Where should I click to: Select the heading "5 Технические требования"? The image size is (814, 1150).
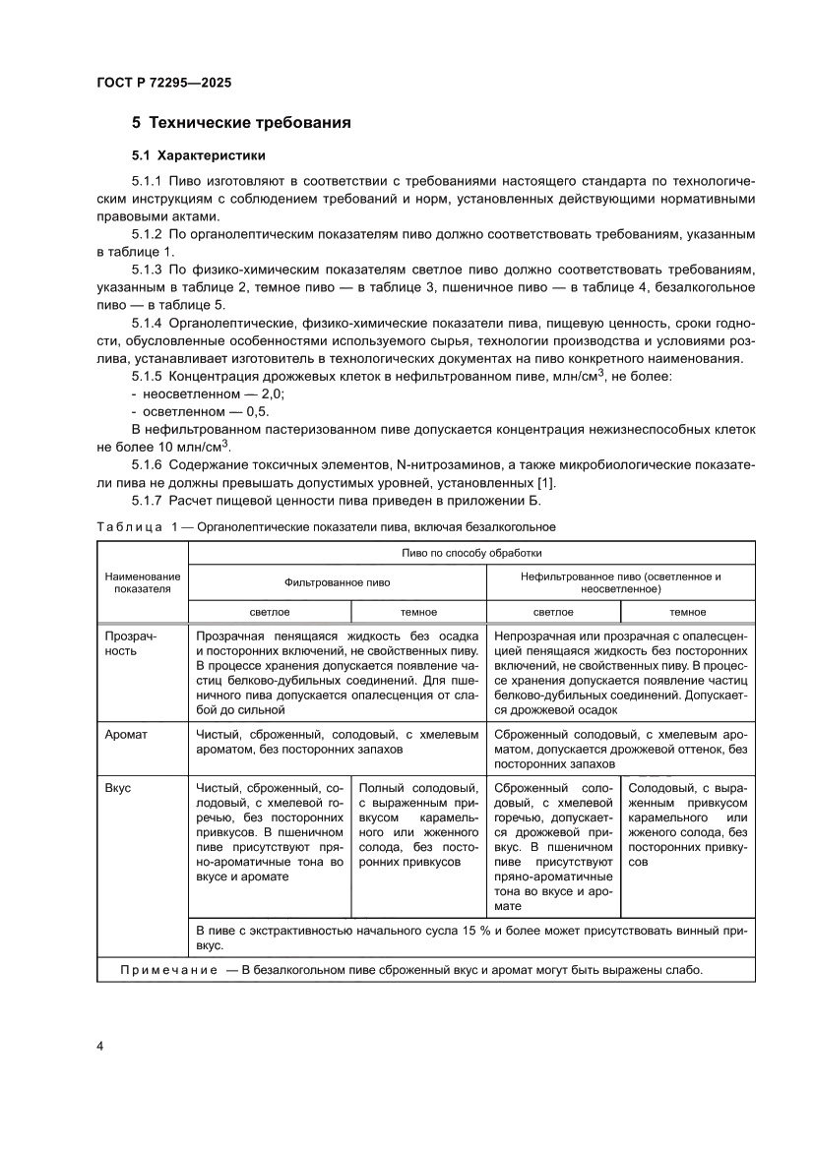[241, 124]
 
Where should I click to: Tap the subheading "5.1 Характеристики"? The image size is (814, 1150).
[198, 155]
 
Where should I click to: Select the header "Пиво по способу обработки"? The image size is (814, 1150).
[470, 554]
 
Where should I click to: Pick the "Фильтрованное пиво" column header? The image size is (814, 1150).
[337, 582]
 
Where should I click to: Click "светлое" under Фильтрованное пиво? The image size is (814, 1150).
[269, 612]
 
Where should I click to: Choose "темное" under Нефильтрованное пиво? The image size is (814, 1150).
[687, 612]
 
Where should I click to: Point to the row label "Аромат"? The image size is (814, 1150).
[125, 733]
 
